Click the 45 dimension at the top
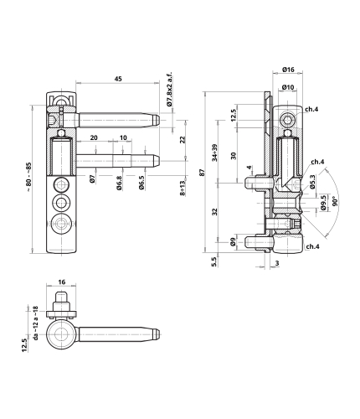coord(118,79)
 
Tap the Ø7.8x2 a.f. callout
coord(169,90)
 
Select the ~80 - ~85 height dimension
coord(29,177)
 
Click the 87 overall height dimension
coord(203,173)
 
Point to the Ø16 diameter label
coord(288,70)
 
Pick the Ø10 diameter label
coord(288,87)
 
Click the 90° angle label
coord(335,201)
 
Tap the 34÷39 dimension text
coord(214,153)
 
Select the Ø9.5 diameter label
coord(323,203)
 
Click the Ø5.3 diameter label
coord(312,182)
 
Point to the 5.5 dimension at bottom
coord(214,262)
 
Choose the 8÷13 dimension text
coord(183,188)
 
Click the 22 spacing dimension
coord(183,140)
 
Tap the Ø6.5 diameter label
coord(141,183)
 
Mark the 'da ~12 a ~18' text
coord(35,323)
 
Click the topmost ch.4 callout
coord(311,109)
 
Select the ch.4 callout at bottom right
coord(312,246)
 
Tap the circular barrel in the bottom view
coord(61,334)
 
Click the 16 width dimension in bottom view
coord(62,282)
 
